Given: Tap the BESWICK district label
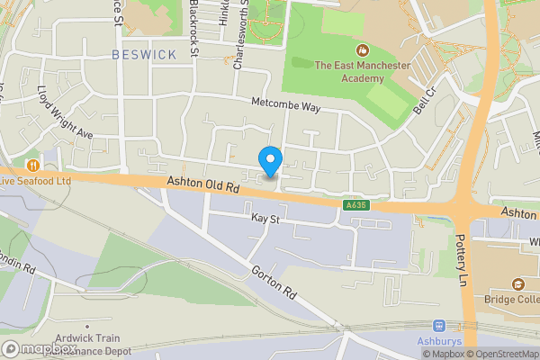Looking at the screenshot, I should [x=144, y=55].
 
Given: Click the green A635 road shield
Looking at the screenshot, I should [x=356, y=205].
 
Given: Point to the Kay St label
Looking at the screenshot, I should [x=265, y=218].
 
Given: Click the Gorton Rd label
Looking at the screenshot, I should [x=274, y=282].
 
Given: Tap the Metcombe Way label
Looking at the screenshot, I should [x=286, y=105].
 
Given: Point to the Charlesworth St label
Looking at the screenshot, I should [x=238, y=36].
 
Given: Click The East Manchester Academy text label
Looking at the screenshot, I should [x=362, y=71].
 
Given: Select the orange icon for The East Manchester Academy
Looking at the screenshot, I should [x=363, y=49].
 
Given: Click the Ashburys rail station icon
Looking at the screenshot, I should [x=439, y=326].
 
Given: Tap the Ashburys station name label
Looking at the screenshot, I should [x=439, y=343].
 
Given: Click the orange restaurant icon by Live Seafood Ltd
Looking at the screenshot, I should [x=33, y=165].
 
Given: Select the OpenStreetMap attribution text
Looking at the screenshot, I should [x=501, y=354].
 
